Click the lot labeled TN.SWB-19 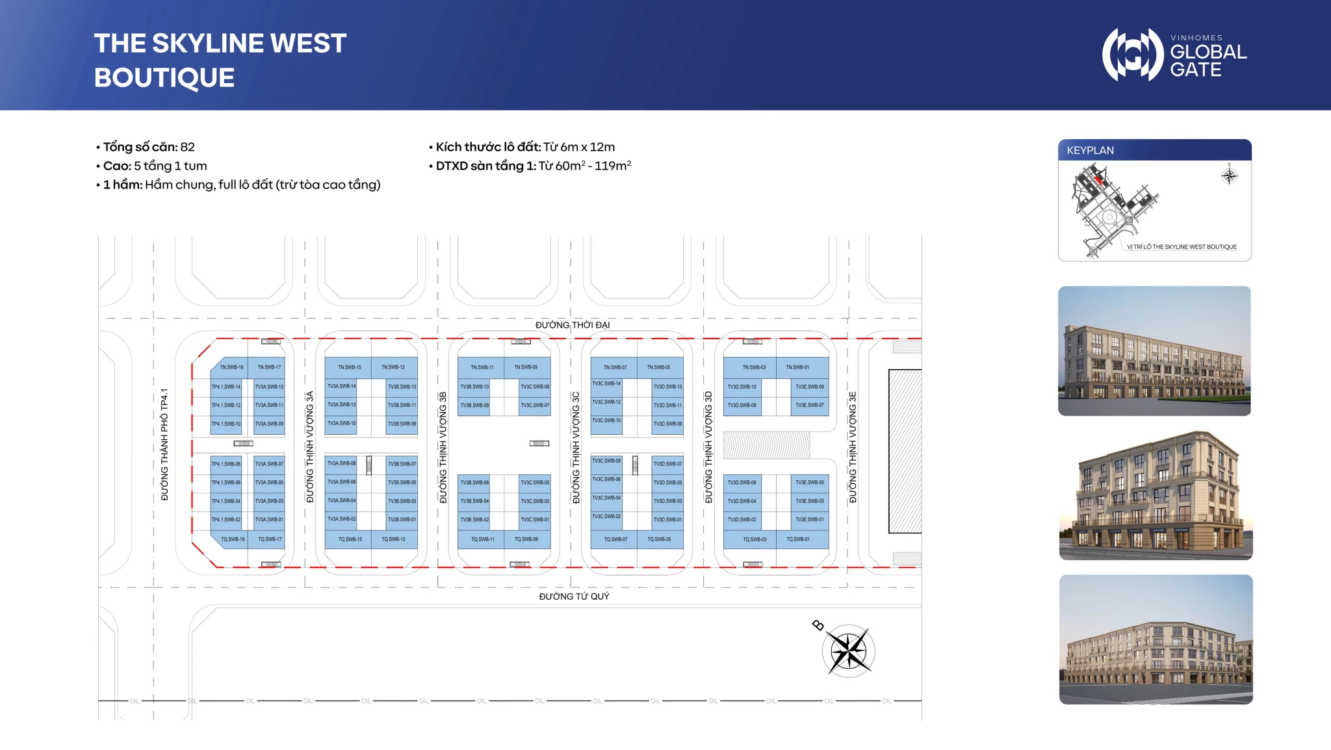click(x=231, y=367)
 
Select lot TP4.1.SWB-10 click(x=226, y=424)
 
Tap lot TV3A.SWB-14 click(x=341, y=386)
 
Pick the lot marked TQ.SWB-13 click(x=393, y=539)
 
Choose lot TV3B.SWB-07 click(x=402, y=464)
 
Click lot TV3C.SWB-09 click(x=535, y=387)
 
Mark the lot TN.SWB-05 click(x=658, y=367)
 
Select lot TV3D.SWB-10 click(x=742, y=387)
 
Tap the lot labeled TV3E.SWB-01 click(x=809, y=519)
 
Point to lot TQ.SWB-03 click(x=755, y=539)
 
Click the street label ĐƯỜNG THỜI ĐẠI click(x=572, y=325)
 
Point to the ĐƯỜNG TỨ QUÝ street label click(x=574, y=597)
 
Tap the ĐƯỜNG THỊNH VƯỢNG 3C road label click(x=576, y=447)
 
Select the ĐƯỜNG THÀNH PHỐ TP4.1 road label click(x=164, y=445)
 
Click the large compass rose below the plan click(x=848, y=651)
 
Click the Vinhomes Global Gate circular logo click(x=1132, y=55)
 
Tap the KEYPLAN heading click(x=1090, y=150)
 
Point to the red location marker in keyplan click(x=1098, y=179)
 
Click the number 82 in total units click(x=187, y=147)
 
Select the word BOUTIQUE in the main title click(x=164, y=78)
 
